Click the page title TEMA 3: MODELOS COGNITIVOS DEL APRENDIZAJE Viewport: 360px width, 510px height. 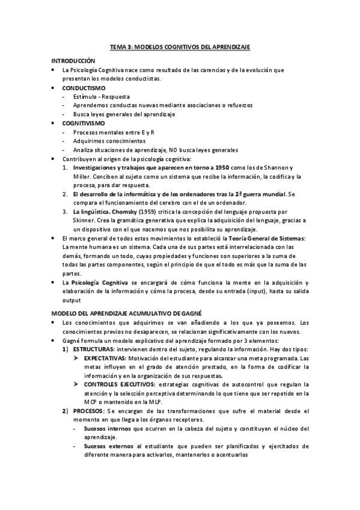point(180,46)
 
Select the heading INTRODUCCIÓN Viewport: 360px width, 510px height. point(73,61)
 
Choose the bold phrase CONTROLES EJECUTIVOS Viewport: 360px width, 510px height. point(118,384)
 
